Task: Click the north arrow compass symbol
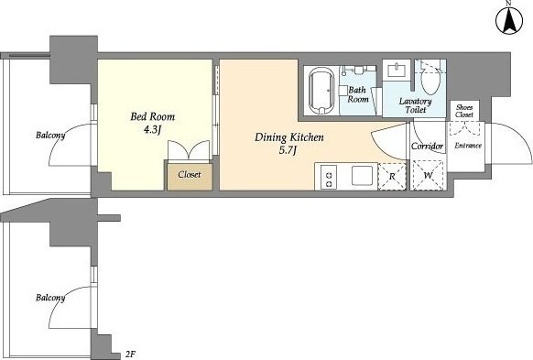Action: (x=509, y=20)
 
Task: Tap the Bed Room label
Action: (x=153, y=116)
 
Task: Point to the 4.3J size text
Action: (x=152, y=130)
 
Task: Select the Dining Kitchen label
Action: (x=289, y=137)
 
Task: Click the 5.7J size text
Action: (x=288, y=150)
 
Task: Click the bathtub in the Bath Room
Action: (x=321, y=90)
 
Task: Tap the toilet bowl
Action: (x=430, y=80)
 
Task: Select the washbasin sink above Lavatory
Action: (x=397, y=71)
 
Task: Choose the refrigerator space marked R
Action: (x=392, y=177)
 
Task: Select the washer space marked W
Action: (x=428, y=176)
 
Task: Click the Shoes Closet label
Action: (x=464, y=111)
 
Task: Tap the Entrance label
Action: (x=468, y=146)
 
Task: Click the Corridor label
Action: (x=428, y=147)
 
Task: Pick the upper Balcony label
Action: (x=50, y=136)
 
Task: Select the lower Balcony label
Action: (x=50, y=298)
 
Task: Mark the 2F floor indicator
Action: (x=131, y=355)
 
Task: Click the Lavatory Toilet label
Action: (x=415, y=105)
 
